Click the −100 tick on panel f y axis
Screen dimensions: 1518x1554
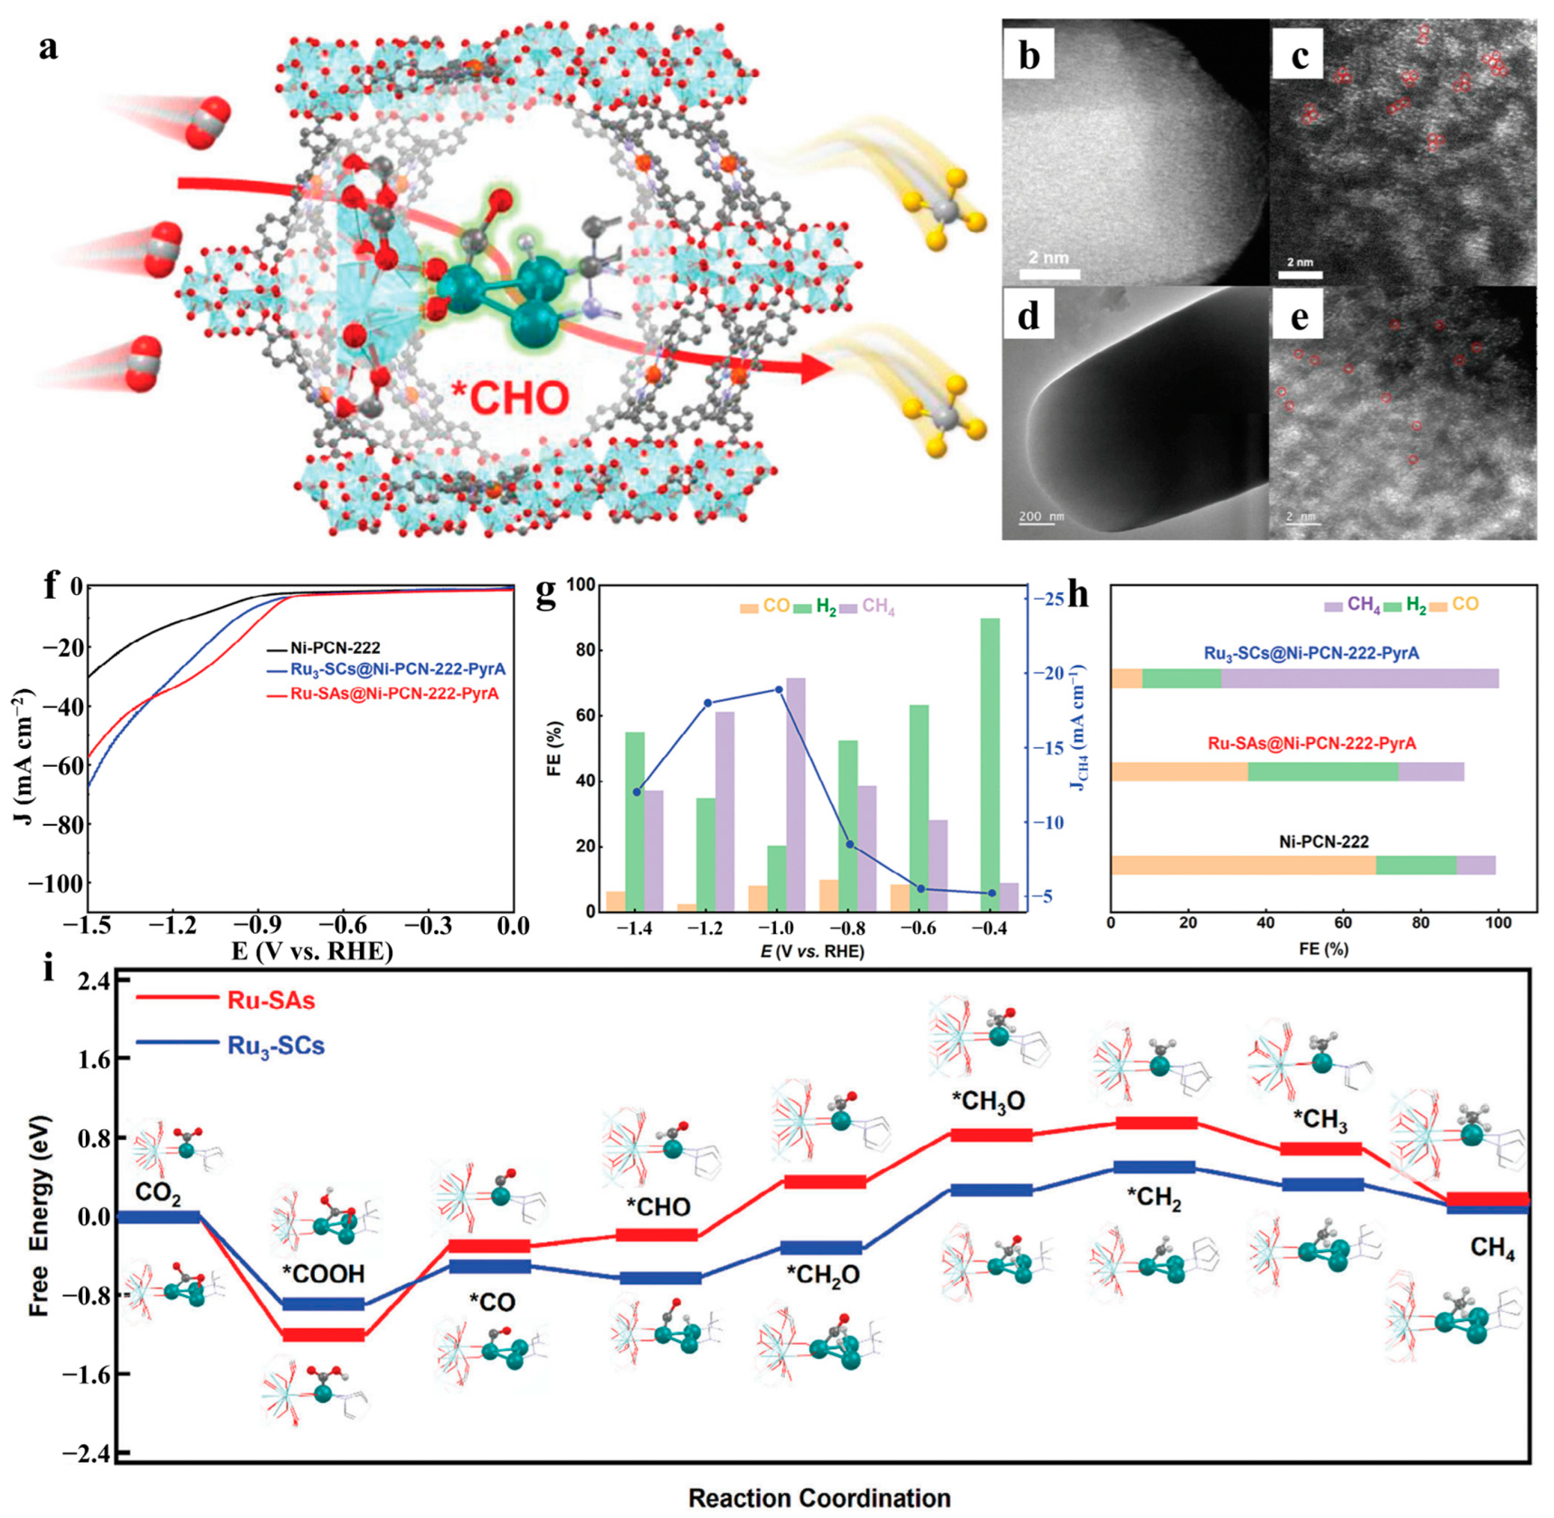58,883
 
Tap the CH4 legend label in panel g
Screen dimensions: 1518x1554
878,607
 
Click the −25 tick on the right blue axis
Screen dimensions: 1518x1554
1051,598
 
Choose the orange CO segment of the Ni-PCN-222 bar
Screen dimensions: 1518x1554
1243,865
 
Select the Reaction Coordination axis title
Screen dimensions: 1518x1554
819,1497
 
